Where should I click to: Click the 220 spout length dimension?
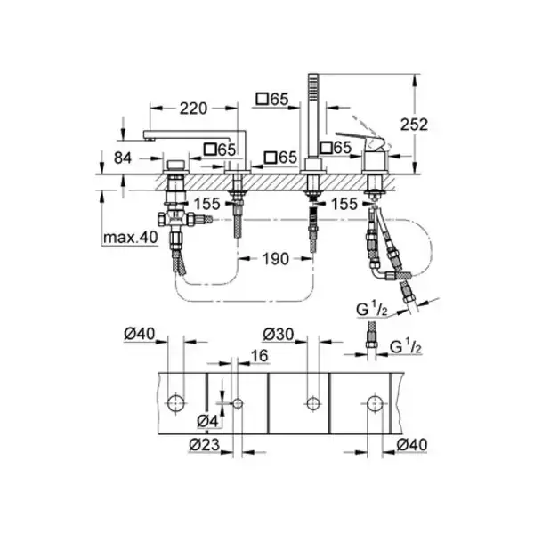pos(193,109)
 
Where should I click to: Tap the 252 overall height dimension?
pos(414,125)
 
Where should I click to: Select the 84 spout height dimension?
pos(123,158)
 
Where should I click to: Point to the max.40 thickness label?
pos(131,237)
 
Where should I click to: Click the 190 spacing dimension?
pos(276,259)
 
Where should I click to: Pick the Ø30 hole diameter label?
pos(279,334)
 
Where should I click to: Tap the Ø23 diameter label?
pos(205,444)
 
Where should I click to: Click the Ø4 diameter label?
pos(207,421)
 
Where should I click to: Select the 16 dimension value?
pos(259,356)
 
